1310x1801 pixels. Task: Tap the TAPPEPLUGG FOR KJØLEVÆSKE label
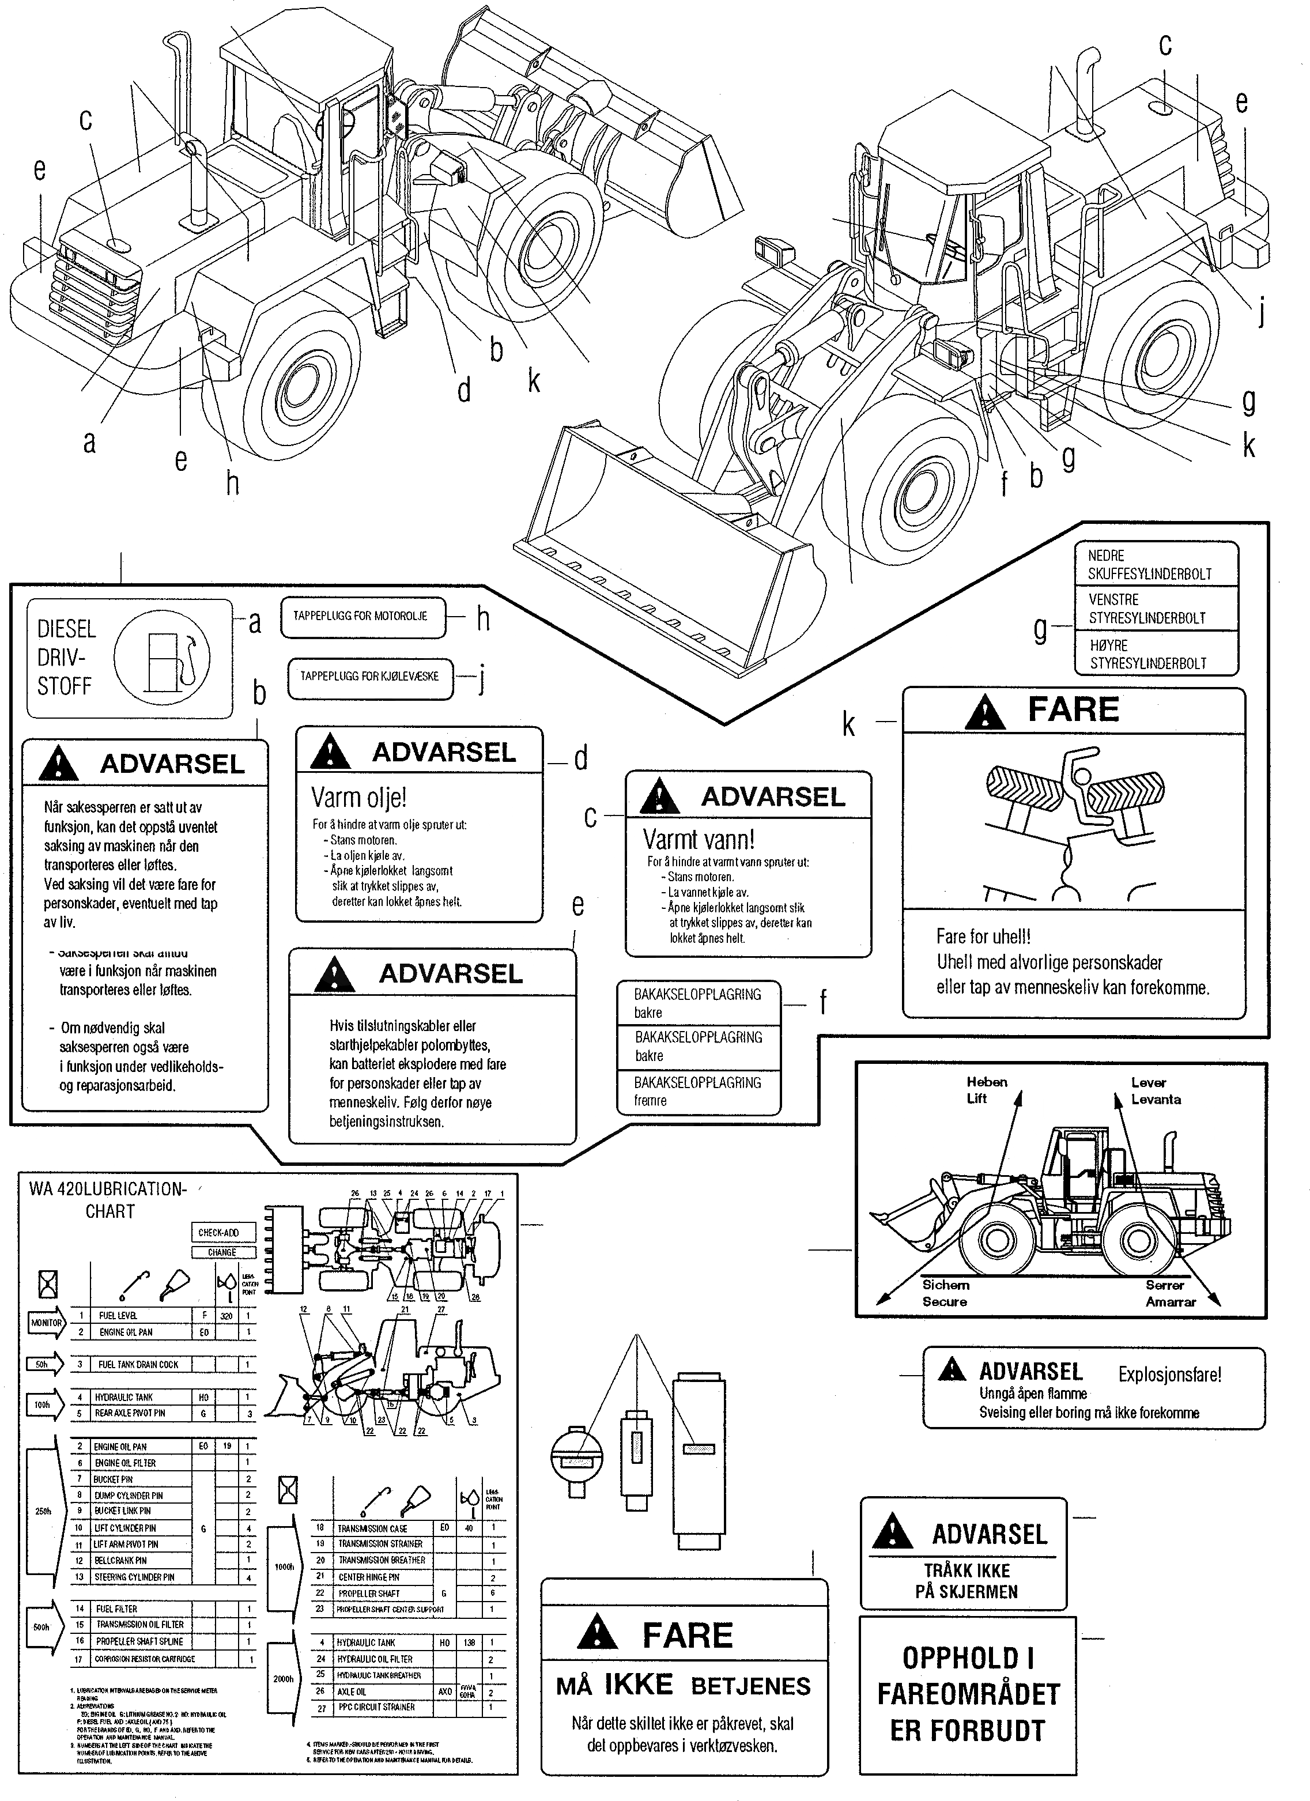[x=369, y=677]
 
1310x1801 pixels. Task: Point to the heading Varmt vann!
[x=699, y=839]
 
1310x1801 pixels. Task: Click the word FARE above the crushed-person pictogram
[x=1073, y=709]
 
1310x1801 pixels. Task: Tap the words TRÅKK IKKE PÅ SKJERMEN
[x=967, y=1580]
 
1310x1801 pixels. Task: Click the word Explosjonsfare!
[x=1169, y=1374]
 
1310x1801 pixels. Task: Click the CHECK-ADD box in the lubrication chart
[x=223, y=1232]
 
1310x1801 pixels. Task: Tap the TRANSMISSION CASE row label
[x=372, y=1528]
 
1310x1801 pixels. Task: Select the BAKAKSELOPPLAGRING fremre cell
[x=698, y=1091]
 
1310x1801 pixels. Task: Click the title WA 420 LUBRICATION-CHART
[x=108, y=1200]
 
